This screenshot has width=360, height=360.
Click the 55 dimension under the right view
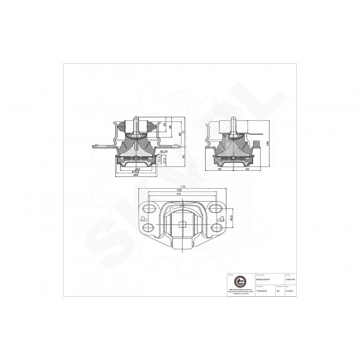tap(220, 169)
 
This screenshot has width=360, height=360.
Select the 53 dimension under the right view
tap(247, 169)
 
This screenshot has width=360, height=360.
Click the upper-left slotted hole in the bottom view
tap(148, 209)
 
